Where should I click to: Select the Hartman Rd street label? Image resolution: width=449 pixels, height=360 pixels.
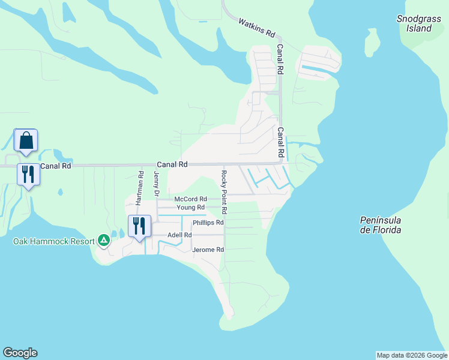(139, 188)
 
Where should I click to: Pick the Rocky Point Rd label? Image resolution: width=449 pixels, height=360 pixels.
(223, 192)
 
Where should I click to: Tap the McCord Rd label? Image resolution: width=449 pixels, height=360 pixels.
(190, 199)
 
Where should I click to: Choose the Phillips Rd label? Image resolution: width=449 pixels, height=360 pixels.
(208, 223)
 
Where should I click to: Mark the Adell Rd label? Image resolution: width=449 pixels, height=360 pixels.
(179, 235)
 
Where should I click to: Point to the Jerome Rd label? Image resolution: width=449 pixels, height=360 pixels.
(208, 250)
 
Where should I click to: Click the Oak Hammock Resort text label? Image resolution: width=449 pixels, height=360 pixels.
(54, 241)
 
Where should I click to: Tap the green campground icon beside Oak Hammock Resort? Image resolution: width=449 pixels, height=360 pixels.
(104, 241)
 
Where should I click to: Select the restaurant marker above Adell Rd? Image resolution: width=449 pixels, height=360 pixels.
(139, 226)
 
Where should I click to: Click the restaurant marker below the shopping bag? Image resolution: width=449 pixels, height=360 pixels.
(28, 175)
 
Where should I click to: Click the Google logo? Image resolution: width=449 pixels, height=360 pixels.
(20, 353)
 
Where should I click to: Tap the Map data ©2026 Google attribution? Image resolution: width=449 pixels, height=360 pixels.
(412, 355)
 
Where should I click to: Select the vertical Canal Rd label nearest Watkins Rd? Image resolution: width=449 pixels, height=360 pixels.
(280, 59)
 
